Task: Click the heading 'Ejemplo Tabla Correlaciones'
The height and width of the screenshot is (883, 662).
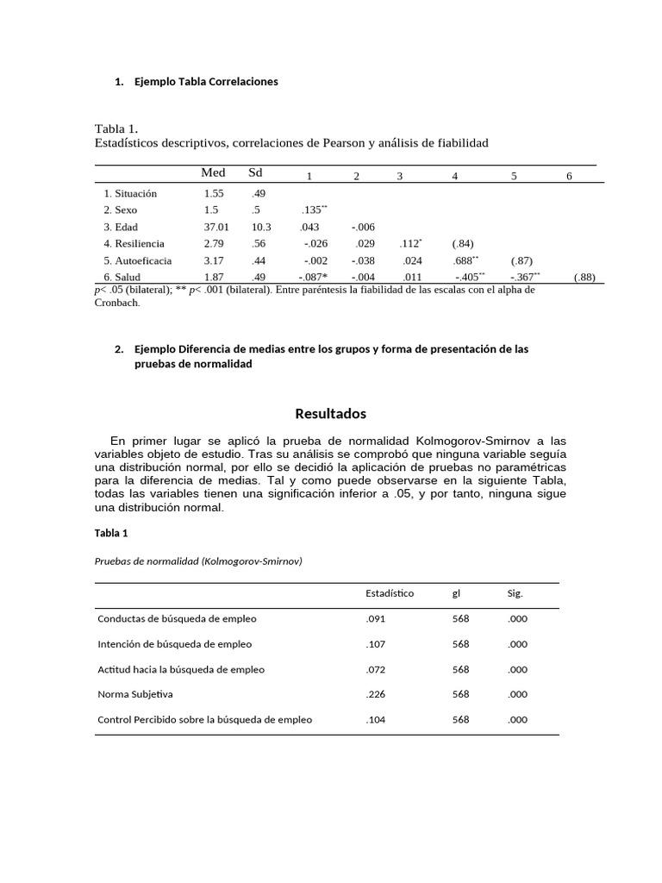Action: (x=206, y=82)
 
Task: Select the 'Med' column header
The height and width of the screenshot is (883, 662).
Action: (x=213, y=173)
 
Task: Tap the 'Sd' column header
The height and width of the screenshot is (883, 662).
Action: (x=255, y=173)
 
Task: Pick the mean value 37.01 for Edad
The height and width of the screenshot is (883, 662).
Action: (x=216, y=227)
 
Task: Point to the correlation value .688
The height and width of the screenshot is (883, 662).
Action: (x=465, y=260)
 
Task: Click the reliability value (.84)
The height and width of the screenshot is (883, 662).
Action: (x=463, y=244)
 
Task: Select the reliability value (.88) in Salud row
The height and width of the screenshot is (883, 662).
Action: (x=584, y=277)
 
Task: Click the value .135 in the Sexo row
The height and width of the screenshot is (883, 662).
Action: (x=313, y=210)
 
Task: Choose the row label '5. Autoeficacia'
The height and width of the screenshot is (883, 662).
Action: (x=137, y=260)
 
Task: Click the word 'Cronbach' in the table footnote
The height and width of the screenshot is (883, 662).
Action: (x=116, y=303)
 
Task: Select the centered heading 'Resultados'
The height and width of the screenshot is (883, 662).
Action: (x=331, y=414)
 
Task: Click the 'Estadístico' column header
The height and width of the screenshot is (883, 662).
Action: (x=390, y=593)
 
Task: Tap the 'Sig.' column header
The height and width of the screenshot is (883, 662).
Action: (x=515, y=593)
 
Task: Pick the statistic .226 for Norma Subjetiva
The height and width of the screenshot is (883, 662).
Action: (x=376, y=694)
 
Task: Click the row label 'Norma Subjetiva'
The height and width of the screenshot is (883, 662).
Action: (x=135, y=694)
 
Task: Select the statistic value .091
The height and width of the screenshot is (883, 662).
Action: (x=376, y=618)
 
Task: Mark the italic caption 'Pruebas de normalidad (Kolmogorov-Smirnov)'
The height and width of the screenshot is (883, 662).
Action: (x=198, y=561)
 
